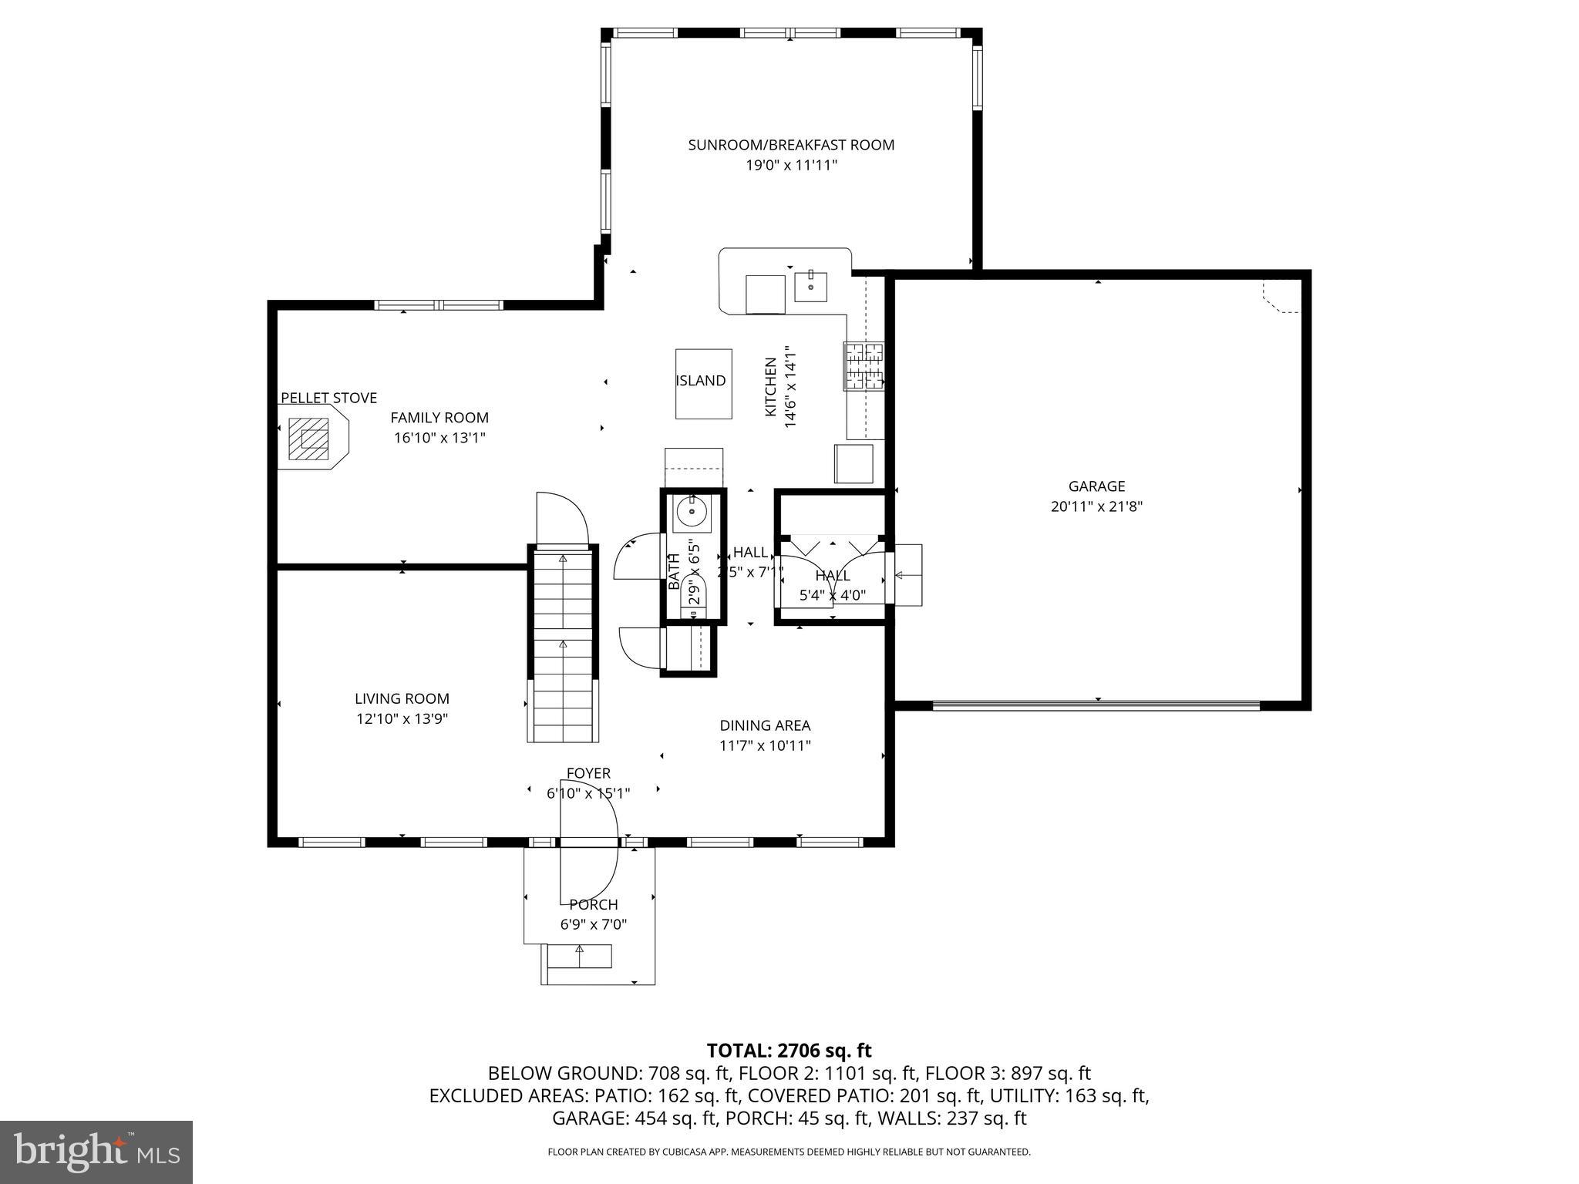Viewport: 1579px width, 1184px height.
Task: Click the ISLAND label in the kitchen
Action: [x=700, y=381]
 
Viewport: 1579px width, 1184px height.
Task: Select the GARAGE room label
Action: [x=1096, y=486]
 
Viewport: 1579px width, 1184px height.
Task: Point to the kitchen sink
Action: [x=810, y=287]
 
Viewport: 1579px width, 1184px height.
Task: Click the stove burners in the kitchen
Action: [x=864, y=366]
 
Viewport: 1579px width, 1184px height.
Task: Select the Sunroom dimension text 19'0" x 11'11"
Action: [x=791, y=165]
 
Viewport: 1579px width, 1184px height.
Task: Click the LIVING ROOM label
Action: [x=402, y=698]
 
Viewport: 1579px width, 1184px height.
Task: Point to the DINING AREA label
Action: [x=765, y=725]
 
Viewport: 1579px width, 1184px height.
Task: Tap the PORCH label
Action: [x=594, y=904]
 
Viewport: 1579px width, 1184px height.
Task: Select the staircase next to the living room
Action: [x=563, y=644]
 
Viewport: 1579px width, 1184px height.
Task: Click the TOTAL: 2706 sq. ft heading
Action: [x=789, y=1050]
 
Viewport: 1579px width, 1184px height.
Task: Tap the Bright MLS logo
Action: [x=96, y=1152]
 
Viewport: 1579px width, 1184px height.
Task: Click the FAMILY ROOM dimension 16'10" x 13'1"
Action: [x=439, y=438]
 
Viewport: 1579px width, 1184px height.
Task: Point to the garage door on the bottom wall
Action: [x=1096, y=705]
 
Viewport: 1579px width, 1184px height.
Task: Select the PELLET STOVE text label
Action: [x=328, y=398]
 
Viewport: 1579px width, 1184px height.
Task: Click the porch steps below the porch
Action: [x=579, y=957]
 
